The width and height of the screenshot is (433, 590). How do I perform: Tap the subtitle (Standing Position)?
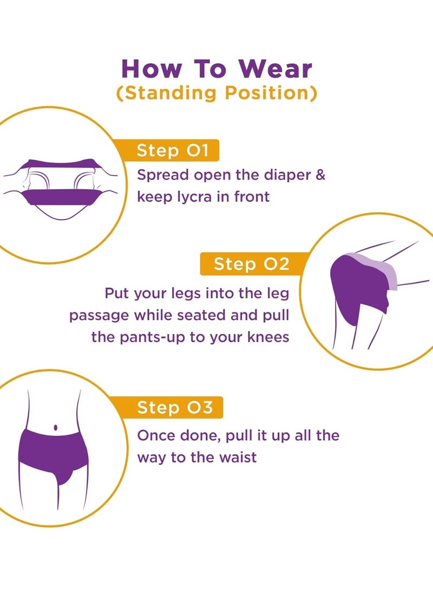click(216, 93)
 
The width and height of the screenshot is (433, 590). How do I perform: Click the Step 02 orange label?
click(251, 264)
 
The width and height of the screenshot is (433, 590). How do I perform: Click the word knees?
click(266, 337)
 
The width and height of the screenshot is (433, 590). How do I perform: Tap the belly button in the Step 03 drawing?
click(56, 429)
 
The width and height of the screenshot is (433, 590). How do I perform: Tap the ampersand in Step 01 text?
click(320, 175)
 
